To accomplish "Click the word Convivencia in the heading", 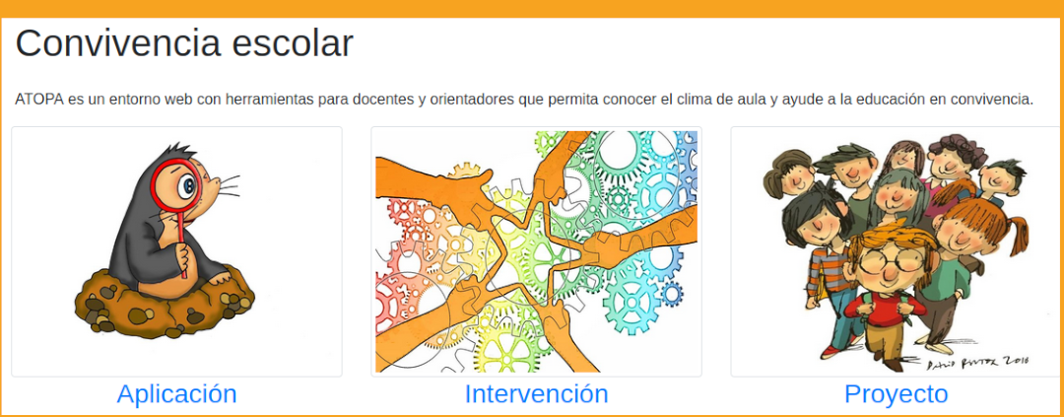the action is (x=117, y=43).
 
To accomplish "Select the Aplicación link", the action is (x=177, y=394).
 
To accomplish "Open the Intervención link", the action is (x=536, y=394).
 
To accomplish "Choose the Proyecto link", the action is (x=896, y=394).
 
